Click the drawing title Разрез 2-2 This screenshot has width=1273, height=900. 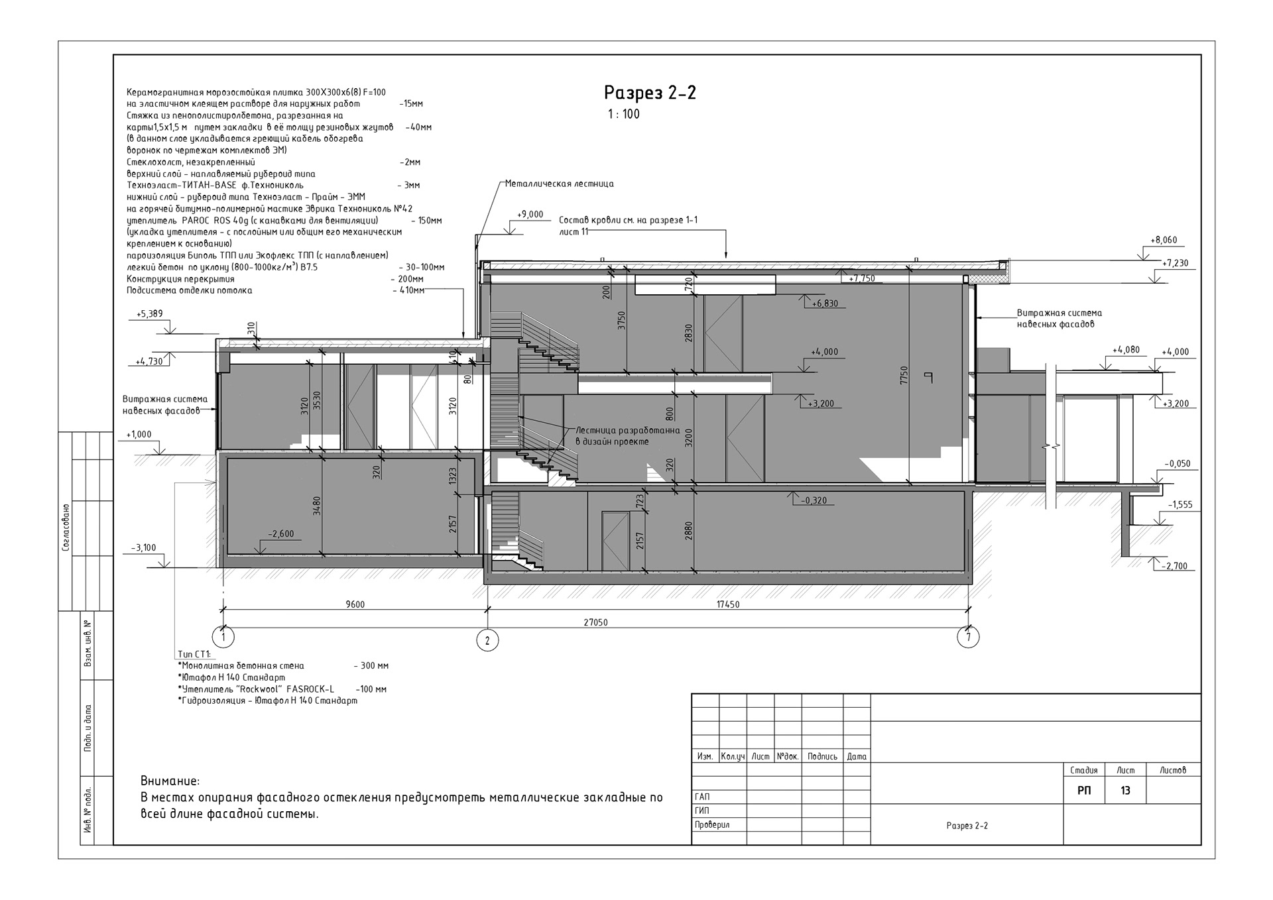click(x=650, y=93)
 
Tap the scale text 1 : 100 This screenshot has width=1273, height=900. click(x=624, y=114)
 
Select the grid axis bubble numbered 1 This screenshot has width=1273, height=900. click(x=223, y=638)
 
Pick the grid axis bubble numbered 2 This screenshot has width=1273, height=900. click(x=488, y=640)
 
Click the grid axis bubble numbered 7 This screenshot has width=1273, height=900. click(x=969, y=638)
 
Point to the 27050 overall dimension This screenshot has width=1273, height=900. click(x=595, y=622)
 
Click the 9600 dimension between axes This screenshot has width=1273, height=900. click(x=355, y=604)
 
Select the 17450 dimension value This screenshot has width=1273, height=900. click(x=727, y=604)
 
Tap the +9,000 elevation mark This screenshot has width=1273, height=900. click(x=530, y=215)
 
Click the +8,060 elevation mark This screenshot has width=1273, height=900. click(x=1164, y=240)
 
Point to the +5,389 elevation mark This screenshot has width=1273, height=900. click(x=149, y=313)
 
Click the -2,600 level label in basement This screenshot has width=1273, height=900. click(x=280, y=534)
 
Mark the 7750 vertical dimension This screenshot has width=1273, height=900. click(x=904, y=376)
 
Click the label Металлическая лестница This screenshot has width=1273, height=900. click(x=559, y=184)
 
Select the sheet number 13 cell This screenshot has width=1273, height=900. click(x=1125, y=791)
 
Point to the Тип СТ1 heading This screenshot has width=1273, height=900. click(x=194, y=655)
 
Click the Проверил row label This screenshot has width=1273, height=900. click(x=712, y=825)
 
